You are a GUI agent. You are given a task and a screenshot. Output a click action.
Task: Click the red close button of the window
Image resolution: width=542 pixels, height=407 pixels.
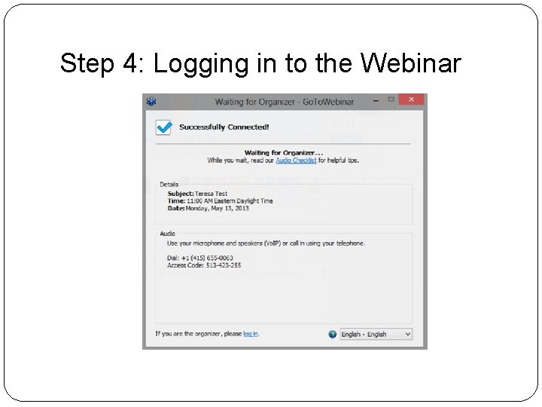411,100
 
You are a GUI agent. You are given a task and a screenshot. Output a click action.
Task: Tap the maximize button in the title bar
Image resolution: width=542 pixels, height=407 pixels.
391,100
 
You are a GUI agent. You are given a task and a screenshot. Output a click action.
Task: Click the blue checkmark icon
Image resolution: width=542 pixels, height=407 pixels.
163,127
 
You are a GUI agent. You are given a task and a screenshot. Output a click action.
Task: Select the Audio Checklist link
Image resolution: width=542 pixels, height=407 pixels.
295,161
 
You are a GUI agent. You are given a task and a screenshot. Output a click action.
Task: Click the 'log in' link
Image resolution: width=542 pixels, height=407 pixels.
251,334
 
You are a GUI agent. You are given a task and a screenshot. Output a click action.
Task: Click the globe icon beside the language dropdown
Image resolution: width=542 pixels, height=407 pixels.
333,334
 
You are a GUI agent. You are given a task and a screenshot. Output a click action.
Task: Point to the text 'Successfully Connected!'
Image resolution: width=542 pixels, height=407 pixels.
224,127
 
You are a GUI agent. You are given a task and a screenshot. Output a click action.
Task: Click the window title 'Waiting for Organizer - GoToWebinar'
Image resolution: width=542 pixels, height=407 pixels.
284,102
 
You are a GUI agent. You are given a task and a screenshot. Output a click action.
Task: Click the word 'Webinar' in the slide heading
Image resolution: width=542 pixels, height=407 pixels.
410,63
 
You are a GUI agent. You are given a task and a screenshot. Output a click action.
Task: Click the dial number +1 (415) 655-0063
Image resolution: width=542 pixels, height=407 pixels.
200,258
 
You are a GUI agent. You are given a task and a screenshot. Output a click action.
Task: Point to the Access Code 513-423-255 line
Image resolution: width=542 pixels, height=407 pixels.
204,265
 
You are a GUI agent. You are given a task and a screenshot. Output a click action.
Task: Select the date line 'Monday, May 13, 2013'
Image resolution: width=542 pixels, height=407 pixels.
208,208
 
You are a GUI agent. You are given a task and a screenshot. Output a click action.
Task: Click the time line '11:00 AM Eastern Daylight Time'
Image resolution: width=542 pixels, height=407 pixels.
220,201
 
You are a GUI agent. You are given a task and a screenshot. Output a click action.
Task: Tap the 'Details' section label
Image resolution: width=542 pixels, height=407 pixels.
169,184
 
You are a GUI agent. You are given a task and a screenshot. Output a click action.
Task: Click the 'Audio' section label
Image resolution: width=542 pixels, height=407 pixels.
167,234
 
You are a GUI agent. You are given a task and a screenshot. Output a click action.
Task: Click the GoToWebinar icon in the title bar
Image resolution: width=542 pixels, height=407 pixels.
151,102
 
